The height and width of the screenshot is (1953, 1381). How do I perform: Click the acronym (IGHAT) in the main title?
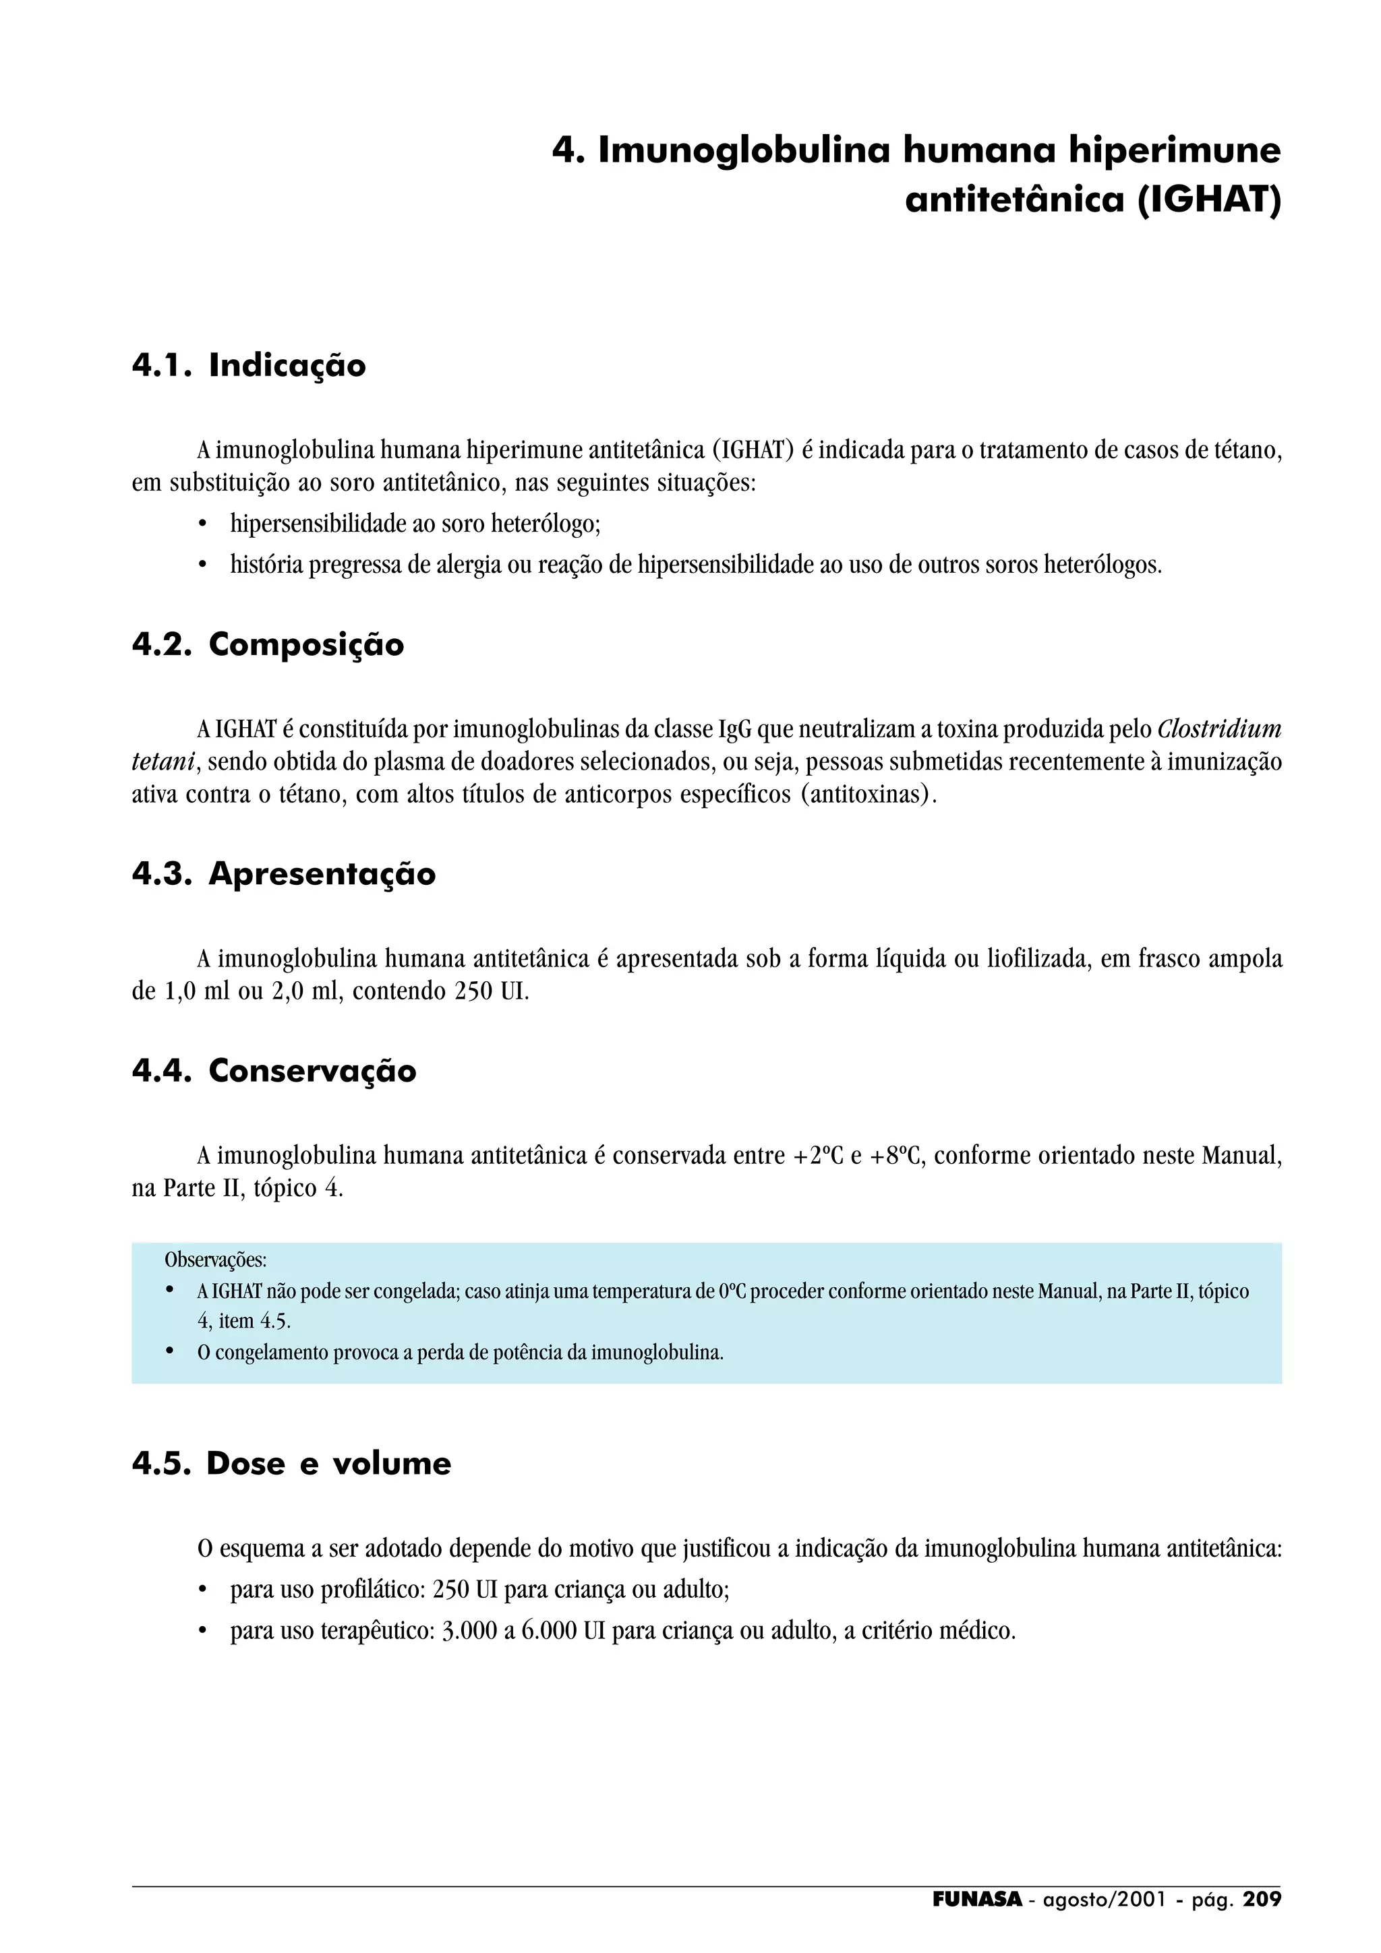pos(1209,200)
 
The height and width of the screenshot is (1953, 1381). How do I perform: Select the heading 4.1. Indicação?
pos(248,366)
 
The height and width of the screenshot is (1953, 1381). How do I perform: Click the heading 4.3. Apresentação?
pos(283,873)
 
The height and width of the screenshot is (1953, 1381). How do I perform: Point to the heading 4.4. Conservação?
pos(273,1070)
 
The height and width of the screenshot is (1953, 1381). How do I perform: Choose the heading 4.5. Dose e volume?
pos(291,1463)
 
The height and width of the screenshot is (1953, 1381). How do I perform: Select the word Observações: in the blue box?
pos(215,1260)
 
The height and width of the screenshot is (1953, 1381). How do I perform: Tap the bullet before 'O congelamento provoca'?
pos(170,1352)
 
